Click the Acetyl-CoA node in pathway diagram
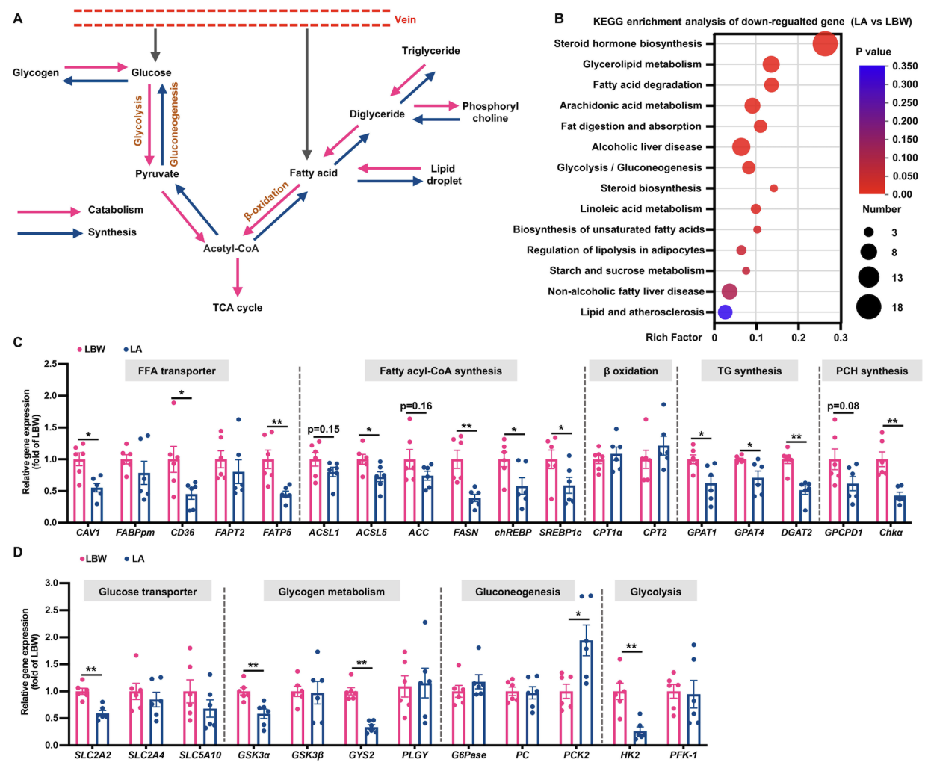231,248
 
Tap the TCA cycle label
237,307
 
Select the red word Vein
405,19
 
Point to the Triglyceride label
430,51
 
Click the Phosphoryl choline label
490,112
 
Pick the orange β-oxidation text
266,202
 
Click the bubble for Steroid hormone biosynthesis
825,43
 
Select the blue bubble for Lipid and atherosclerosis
724,312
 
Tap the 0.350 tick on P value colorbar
905,66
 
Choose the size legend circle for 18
868,306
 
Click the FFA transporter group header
176,371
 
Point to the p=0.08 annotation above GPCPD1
843,406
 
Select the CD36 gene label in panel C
182,533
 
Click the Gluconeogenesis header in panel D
518,592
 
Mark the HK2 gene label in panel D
630,755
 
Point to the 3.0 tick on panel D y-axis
52,583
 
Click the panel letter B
559,19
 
